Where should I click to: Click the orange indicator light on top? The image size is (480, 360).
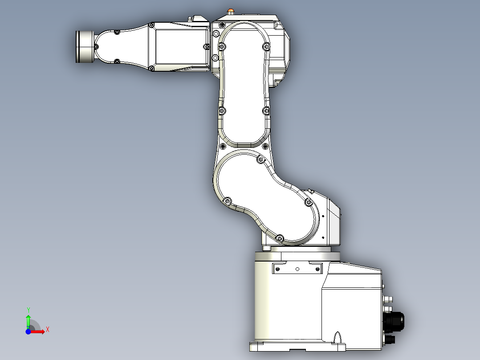coord(230,10)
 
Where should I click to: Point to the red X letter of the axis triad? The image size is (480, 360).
coord(47,329)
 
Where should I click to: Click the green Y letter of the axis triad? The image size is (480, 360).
coord(28,309)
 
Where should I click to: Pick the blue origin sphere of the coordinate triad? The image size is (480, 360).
coord(28,332)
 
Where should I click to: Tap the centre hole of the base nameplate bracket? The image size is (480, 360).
coord(297,269)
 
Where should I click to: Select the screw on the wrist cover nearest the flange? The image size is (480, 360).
coord(97,46)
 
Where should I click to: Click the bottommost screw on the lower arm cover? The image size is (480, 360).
coord(280,238)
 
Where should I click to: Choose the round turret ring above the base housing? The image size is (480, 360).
coord(297,256)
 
